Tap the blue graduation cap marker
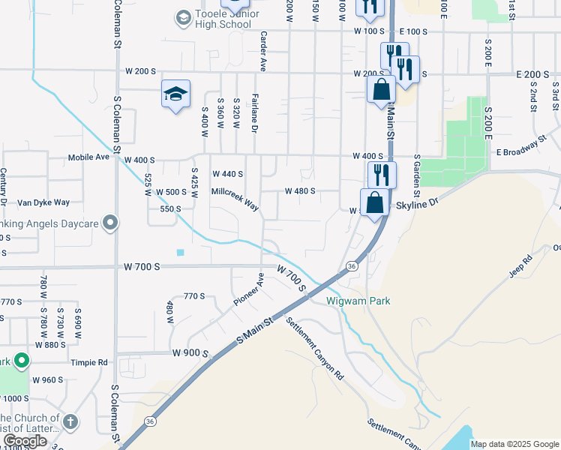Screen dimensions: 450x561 (x=175, y=94)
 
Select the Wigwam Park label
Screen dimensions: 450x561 (x=358, y=301)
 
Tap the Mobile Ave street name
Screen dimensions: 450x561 (x=88, y=158)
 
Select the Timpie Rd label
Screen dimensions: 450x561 (x=89, y=361)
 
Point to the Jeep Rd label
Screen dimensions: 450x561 (x=520, y=267)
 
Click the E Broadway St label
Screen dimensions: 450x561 (x=520, y=146)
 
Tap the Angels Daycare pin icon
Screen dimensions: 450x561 (x=109, y=223)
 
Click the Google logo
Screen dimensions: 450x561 (x=25, y=441)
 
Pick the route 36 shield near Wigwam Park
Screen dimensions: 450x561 (x=351, y=266)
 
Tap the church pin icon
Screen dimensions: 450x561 (x=70, y=421)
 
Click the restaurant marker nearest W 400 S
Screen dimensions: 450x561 (x=382, y=175)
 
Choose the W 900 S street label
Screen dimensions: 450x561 (x=188, y=352)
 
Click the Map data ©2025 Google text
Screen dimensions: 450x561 (x=515, y=444)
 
